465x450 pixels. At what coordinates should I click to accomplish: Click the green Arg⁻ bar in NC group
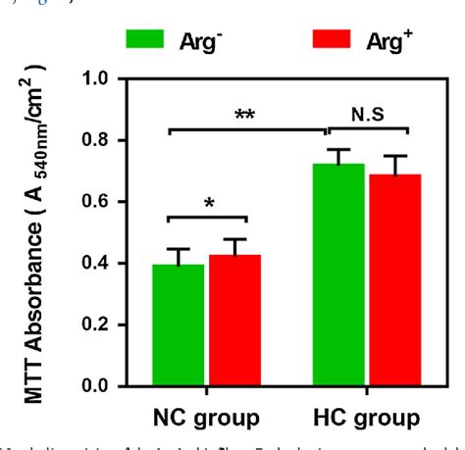point(179,325)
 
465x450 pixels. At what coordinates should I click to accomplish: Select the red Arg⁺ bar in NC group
point(233,320)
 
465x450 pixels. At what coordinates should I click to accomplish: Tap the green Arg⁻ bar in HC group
point(338,275)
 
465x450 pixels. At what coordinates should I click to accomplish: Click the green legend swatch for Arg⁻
point(148,39)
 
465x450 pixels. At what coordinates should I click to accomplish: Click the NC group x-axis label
point(206,416)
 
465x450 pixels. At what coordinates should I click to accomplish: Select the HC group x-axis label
point(364,416)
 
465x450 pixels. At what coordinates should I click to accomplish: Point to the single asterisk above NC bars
point(207,204)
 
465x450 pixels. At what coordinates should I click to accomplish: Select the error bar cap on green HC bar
point(338,149)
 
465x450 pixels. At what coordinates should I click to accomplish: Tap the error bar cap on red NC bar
point(233,238)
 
